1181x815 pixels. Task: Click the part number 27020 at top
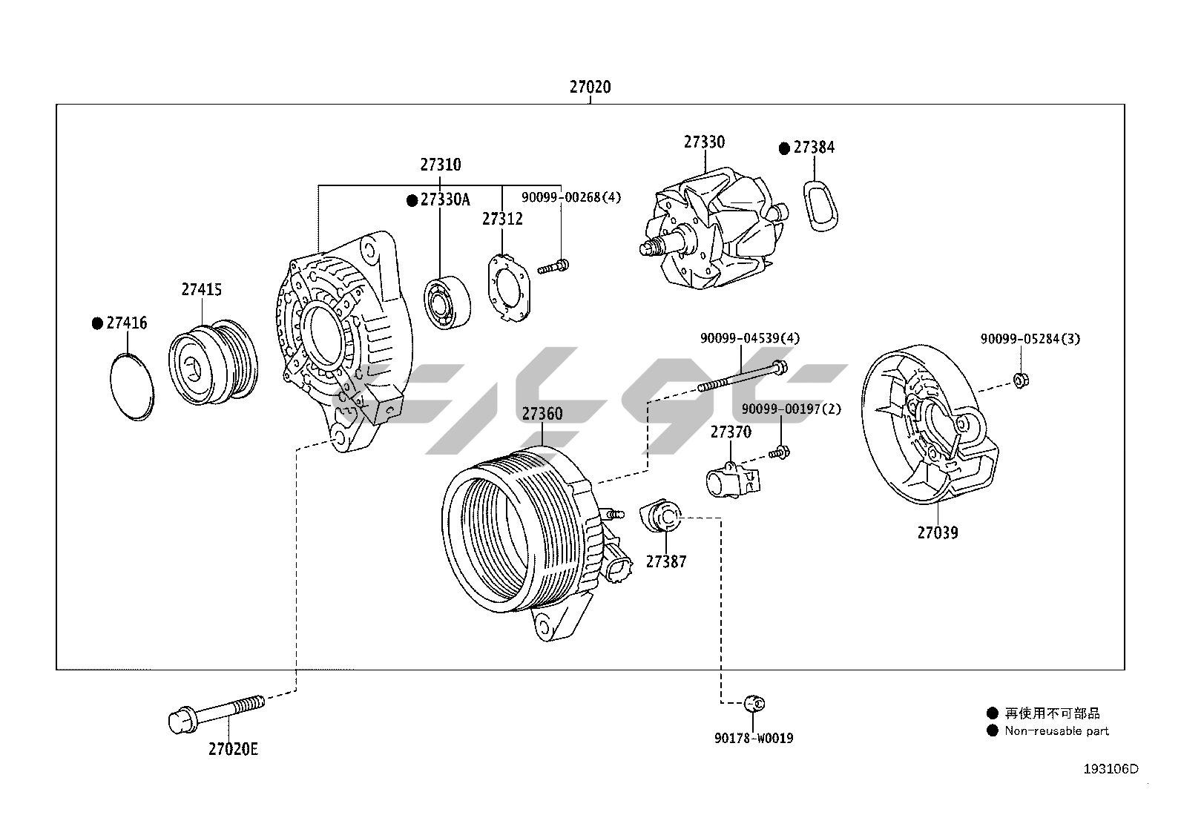point(590,87)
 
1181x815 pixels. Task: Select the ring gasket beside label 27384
point(818,204)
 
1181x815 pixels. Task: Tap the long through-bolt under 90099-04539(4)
point(742,377)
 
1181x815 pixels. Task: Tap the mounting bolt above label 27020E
point(216,713)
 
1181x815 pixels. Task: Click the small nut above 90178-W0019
point(754,702)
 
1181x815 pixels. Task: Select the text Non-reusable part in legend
point(1056,731)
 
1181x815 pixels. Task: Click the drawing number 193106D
point(1110,769)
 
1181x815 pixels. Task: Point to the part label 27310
point(440,165)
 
